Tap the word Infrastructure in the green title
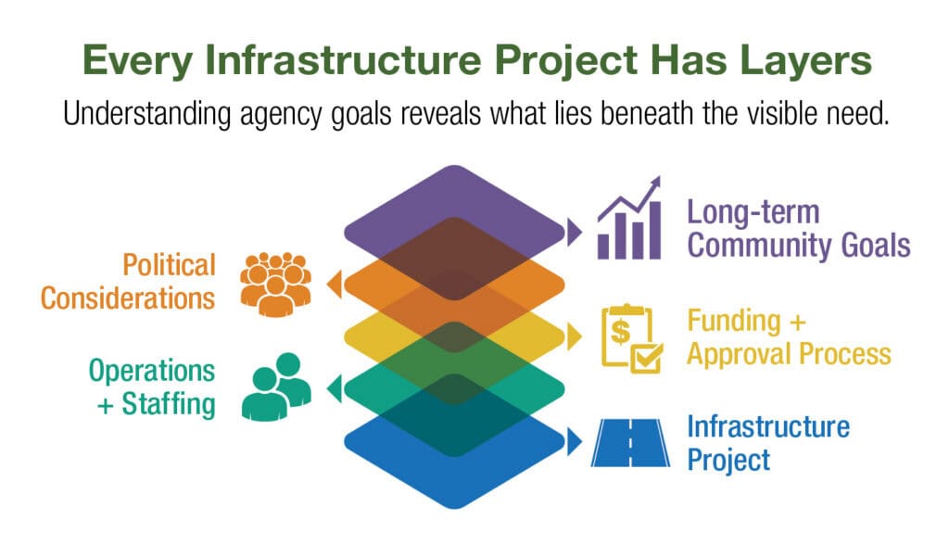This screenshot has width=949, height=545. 343,59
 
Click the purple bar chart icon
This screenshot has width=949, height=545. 629,218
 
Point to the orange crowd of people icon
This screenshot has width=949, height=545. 275,284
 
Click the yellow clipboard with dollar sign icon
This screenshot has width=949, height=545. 632,338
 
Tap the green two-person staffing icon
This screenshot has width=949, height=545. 276,387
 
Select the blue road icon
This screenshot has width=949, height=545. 630,443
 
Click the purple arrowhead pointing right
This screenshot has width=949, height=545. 575,233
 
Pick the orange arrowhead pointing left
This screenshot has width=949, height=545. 334,285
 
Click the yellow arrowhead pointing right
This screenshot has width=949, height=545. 575,336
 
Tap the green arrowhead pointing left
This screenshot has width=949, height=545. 334,388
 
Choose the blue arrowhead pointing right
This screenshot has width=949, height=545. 575,441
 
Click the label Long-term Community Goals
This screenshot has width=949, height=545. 798,229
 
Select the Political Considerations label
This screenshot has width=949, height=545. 128,282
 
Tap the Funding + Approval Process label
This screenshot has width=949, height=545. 789,337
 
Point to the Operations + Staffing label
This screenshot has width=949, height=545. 152,387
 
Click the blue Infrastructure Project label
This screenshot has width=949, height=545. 768,443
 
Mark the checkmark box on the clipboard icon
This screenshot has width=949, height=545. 646,357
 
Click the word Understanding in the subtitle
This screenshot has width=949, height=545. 147,114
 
